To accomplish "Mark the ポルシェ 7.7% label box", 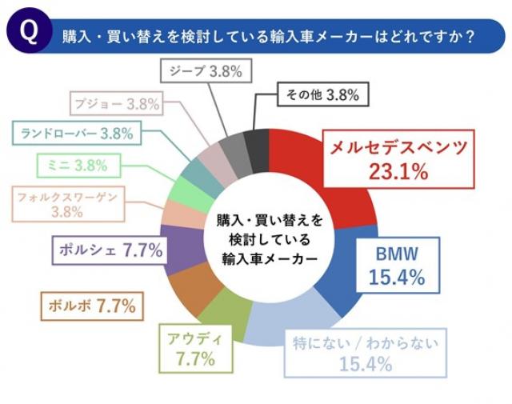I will pos(110,250).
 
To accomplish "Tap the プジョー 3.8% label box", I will pos(118,102).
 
